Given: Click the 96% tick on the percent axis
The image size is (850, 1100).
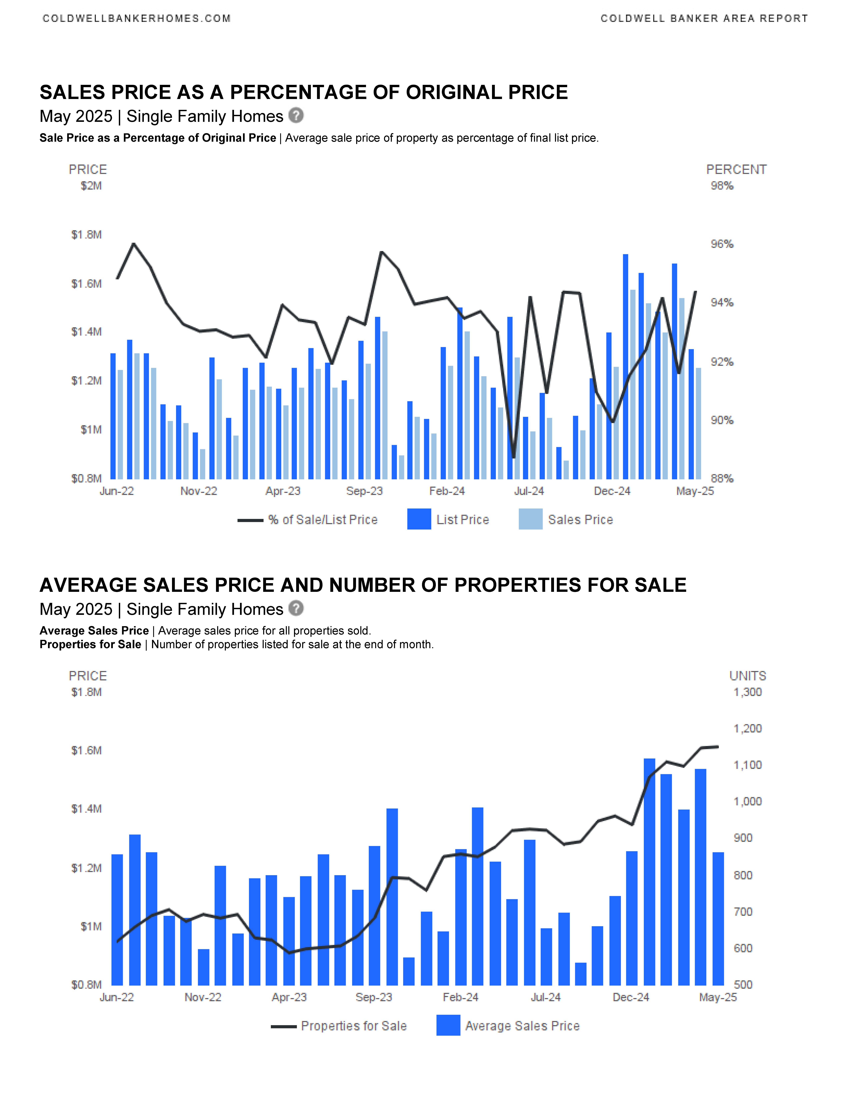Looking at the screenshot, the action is [x=722, y=244].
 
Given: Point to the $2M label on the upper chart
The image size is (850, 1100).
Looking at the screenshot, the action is [x=91, y=186].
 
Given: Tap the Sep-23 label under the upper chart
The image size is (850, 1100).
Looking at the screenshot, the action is [x=364, y=491].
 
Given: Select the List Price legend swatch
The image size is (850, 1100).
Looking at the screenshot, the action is [x=419, y=519].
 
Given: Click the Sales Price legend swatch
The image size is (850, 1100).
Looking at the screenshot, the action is [x=530, y=519].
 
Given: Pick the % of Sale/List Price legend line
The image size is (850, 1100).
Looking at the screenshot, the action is [x=250, y=520].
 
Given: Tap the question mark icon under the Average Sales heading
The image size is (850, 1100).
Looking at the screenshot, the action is [x=296, y=608].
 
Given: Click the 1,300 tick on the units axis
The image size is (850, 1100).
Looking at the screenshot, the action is [x=747, y=692].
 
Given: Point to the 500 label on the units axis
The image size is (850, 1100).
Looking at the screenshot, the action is [x=743, y=985].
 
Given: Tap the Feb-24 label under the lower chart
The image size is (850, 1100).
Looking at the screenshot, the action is [x=460, y=997].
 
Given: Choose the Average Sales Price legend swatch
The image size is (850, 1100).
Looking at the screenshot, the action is [x=448, y=1025].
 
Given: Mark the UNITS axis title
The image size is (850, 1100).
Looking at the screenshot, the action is [x=748, y=676].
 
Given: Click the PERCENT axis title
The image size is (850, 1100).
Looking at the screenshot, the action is [x=736, y=170].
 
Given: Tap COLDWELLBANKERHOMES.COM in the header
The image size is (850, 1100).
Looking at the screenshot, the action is [x=136, y=19].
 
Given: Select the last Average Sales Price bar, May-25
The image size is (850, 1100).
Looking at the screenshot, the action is [x=718, y=919].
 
